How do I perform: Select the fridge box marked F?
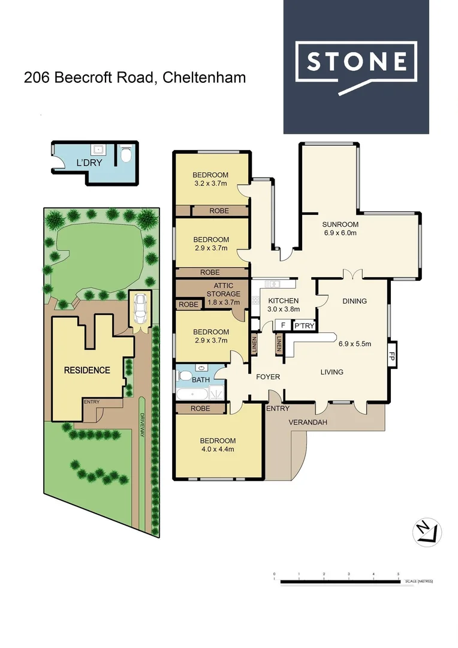[x=282, y=325]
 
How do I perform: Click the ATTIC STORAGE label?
[x=223, y=290]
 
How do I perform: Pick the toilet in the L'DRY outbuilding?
[x=125, y=155]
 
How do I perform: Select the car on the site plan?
[x=140, y=307]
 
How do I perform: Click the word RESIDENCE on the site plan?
[x=87, y=370]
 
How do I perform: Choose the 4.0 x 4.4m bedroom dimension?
[x=218, y=449]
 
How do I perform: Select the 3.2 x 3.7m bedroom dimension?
[x=211, y=183]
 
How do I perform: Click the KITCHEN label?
[x=284, y=301]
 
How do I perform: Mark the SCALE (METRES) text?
[x=418, y=581]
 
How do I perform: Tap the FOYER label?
[x=268, y=377]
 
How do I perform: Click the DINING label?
[x=354, y=301]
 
